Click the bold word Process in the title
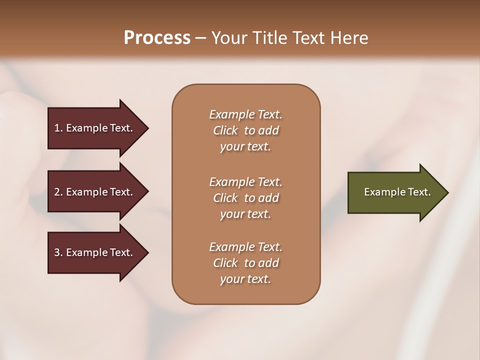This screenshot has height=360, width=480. click(157, 38)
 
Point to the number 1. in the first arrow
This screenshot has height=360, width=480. click(58, 128)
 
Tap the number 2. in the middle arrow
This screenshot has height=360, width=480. click(58, 192)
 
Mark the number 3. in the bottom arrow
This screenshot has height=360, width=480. click(58, 252)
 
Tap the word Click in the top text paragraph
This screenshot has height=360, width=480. click(225, 130)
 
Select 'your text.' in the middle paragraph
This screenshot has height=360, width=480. click(245, 214)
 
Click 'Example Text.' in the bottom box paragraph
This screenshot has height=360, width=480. click(245, 247)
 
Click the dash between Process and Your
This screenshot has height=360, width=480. click(200, 38)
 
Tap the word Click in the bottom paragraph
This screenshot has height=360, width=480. click(225, 263)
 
